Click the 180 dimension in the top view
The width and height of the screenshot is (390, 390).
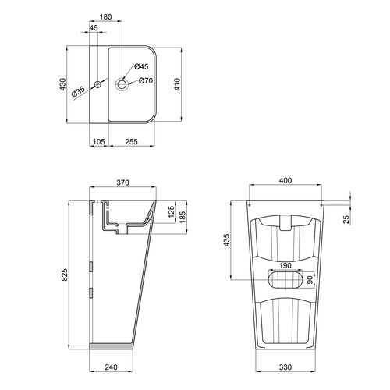[106, 17]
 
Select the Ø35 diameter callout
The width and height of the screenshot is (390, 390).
[78, 92]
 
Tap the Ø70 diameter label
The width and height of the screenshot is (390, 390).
[146, 80]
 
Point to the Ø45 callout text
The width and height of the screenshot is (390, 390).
[141, 66]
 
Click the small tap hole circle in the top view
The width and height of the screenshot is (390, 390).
[97, 84]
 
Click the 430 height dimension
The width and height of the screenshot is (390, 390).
[63, 84]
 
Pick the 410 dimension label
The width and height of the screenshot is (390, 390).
[177, 84]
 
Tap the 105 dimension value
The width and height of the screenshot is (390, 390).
[99, 142]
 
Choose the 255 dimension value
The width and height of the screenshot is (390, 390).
[131, 142]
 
